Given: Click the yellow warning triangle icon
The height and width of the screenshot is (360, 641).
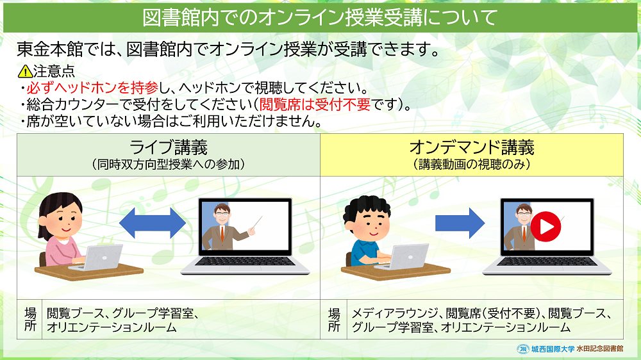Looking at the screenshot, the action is coord(25,72).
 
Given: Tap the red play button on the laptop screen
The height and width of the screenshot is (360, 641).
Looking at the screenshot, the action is coord(545,226).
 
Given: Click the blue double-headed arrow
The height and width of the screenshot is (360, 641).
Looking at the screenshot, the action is coord(152,223).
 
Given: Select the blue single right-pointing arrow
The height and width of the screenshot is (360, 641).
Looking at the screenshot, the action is coord(460,223).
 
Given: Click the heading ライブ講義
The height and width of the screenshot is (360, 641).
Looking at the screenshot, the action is coord(169,147).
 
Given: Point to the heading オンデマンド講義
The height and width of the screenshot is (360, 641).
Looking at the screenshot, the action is coord(472,147).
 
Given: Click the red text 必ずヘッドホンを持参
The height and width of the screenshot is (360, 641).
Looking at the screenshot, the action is coord(92,88).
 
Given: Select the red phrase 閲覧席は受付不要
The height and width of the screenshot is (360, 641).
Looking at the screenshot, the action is coord(315,104).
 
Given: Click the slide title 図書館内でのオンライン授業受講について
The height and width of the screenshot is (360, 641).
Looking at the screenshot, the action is coord(320,17).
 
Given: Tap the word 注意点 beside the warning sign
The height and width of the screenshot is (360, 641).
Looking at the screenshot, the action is coord(54,72).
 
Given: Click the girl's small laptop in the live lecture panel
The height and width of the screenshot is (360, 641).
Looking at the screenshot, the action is coord(97,258).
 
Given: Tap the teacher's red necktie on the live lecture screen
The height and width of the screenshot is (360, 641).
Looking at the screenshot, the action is coord(222,233).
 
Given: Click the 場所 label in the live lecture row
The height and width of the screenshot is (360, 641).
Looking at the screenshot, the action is coord(30,320).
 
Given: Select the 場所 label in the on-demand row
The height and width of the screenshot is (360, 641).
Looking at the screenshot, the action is coord(334,320).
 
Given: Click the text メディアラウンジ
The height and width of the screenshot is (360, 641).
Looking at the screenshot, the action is coord(395,313).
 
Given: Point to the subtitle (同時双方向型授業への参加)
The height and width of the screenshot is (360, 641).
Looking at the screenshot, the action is coord(169,164).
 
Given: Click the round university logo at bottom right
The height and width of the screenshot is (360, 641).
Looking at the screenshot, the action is coord(523,349).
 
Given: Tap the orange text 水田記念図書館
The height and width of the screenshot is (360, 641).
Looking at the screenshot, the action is coord(600,349).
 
